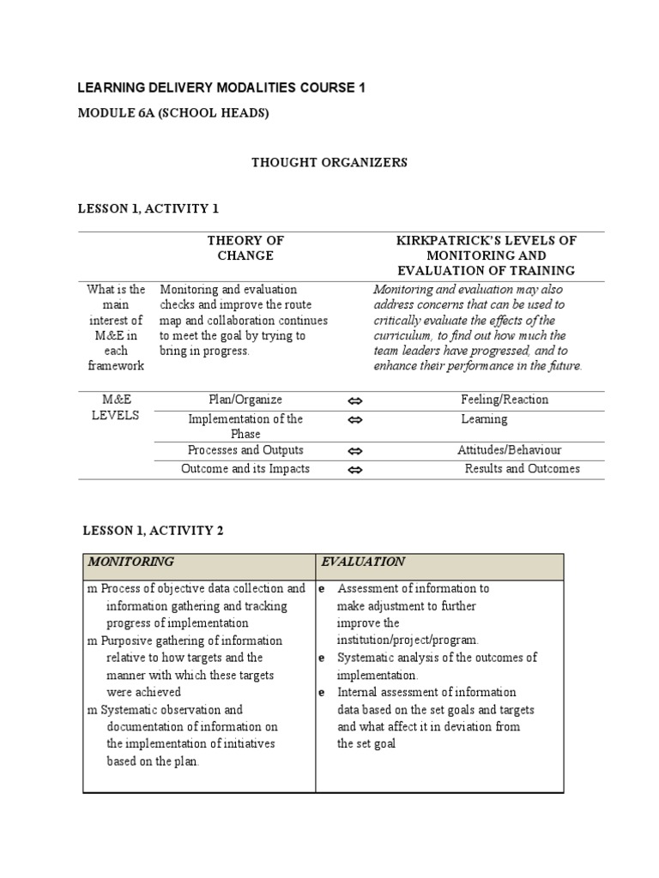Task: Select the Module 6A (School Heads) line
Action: [x=173, y=112]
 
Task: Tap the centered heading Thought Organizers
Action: [x=329, y=162]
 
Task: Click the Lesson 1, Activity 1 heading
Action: [x=150, y=208]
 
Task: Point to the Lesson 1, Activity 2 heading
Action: [x=153, y=531]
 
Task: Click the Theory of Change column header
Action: [x=245, y=248]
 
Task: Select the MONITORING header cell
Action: [x=130, y=562]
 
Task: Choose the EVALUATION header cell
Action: [x=363, y=562]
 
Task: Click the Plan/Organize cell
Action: [x=245, y=400]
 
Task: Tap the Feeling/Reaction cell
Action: [x=505, y=400]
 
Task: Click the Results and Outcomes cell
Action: [x=522, y=469]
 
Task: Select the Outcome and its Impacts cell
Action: [x=245, y=469]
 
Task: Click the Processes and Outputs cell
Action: [x=245, y=450]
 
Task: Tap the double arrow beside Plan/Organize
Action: [x=356, y=401]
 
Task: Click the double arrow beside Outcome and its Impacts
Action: [x=356, y=470]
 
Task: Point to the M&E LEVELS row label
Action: [x=116, y=407]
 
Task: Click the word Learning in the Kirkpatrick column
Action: [x=484, y=419]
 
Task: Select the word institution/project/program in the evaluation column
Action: [x=408, y=640]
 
